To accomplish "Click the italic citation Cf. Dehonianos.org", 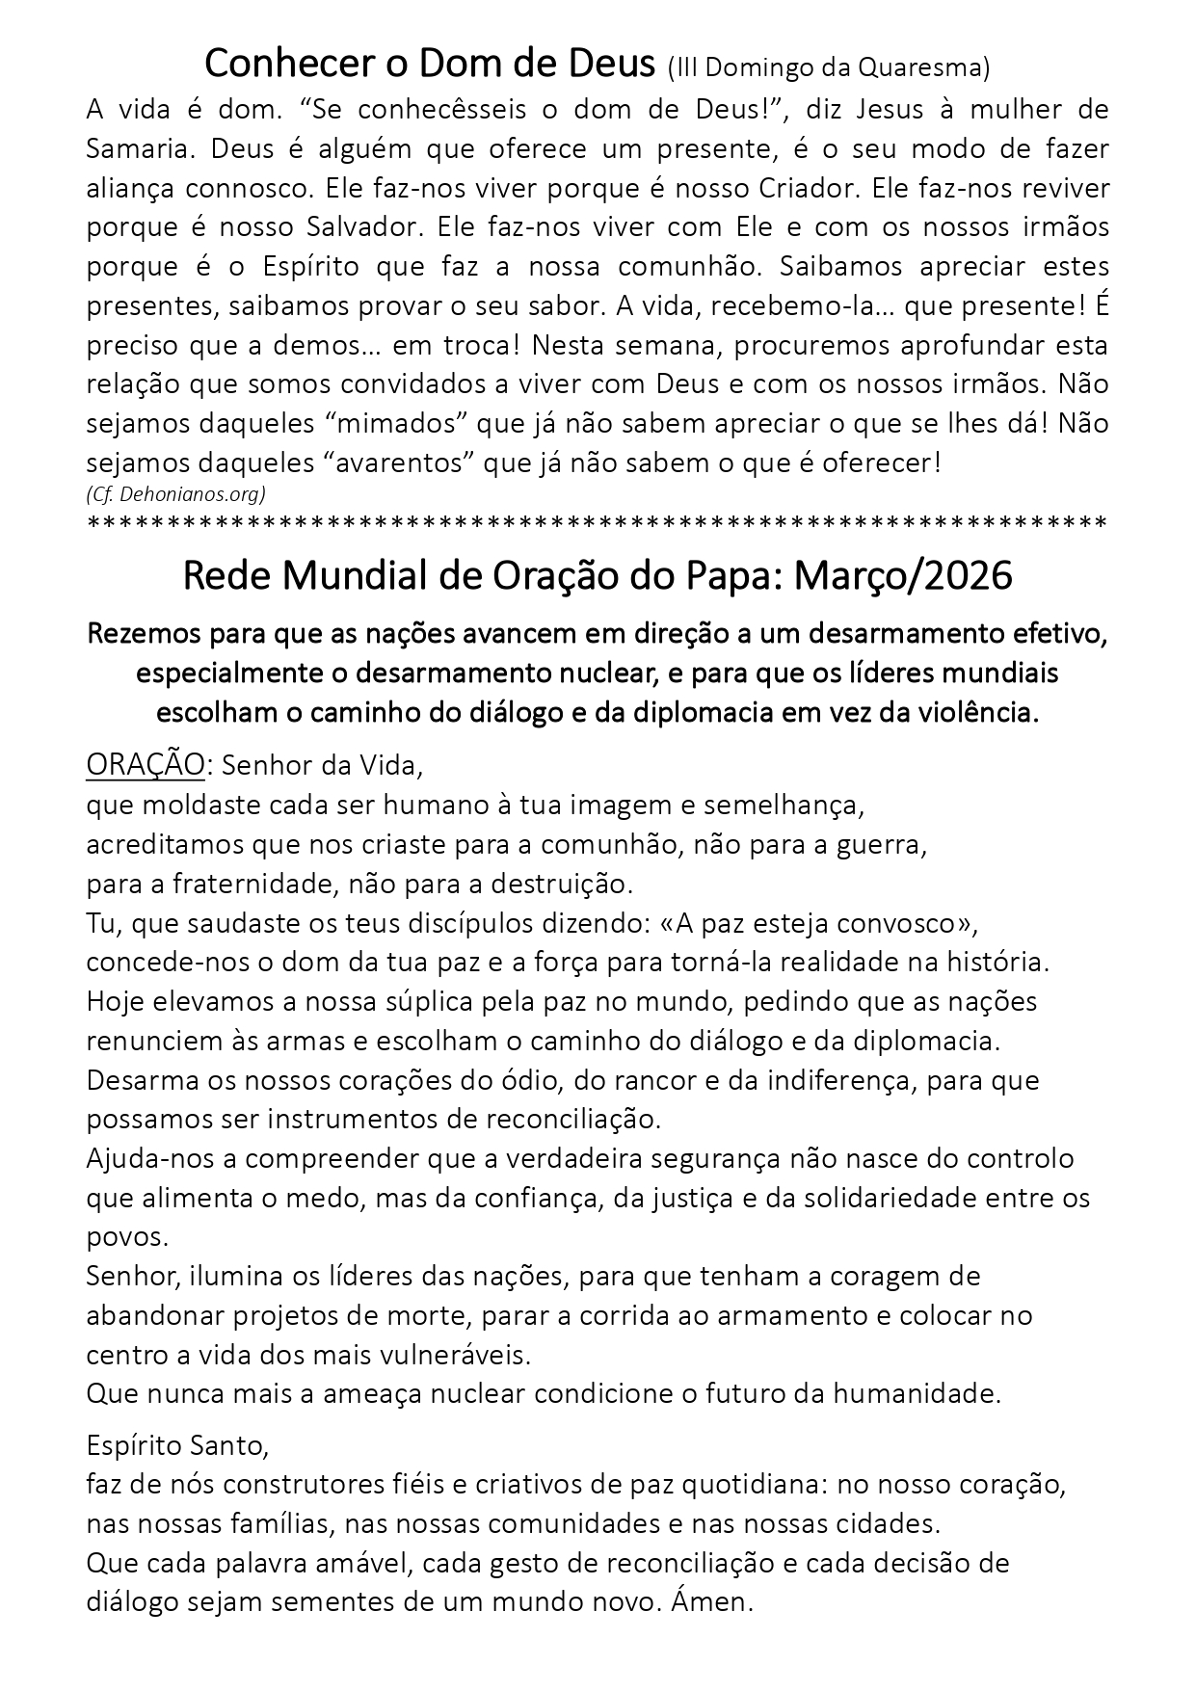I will coord(175,494).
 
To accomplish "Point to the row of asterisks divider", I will coord(598,524).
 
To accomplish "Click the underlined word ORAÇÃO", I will coord(146,765).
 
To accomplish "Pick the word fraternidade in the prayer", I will coord(228,884).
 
